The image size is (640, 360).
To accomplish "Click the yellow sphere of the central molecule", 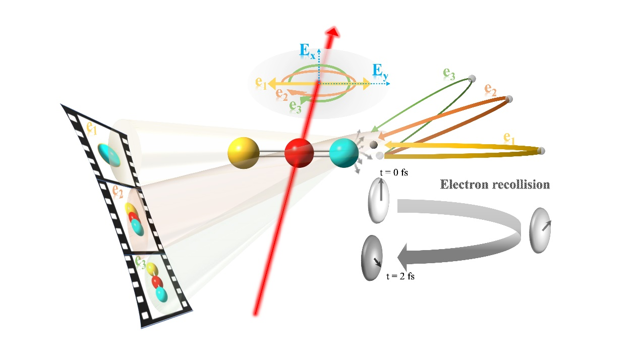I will click(244, 152).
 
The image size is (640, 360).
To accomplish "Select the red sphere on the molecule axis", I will click(299, 153).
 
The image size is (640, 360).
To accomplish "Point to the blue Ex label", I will click(307, 50).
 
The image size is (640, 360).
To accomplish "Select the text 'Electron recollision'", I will click(495, 184).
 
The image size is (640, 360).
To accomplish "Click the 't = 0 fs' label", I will click(393, 172).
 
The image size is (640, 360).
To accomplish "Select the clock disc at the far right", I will click(540, 230).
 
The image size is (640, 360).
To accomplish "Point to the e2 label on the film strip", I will click(118, 191).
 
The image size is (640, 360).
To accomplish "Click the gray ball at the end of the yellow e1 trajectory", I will click(541, 150).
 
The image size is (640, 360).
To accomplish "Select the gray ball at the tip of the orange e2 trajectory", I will click(509, 98).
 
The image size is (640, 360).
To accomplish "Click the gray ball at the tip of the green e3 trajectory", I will click(472, 78).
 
